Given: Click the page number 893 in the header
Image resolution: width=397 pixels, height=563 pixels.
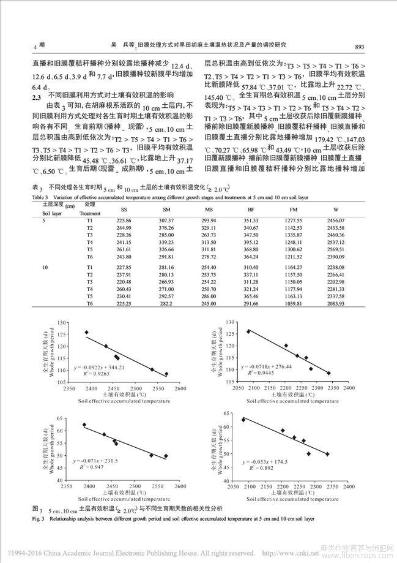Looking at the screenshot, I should [359, 47].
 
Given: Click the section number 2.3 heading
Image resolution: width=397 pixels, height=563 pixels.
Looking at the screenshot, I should [36, 97].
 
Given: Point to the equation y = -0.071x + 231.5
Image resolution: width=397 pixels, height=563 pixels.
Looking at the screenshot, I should [94, 460].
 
